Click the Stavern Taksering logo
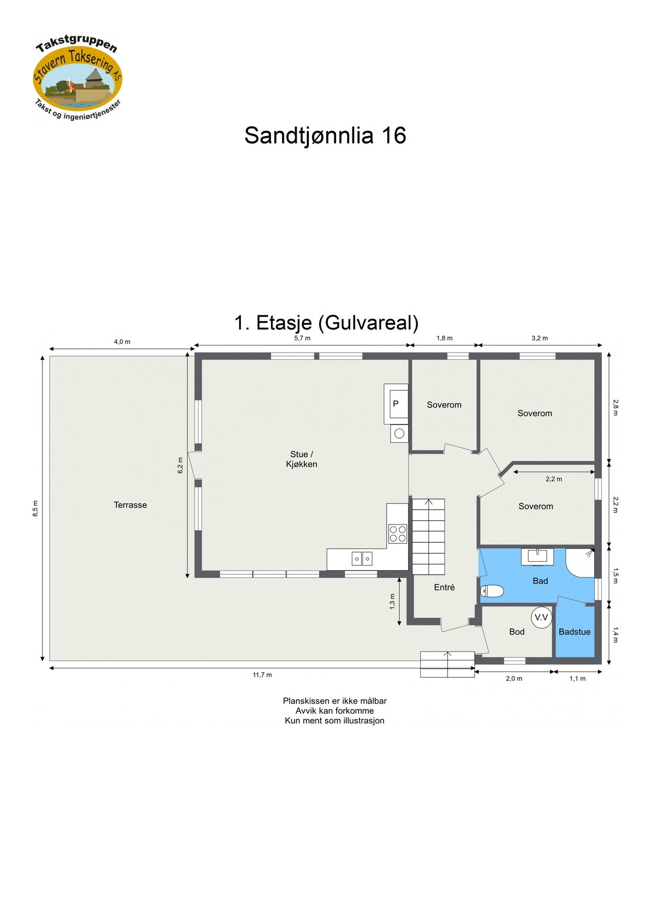78,78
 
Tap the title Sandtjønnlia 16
325,136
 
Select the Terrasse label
130,505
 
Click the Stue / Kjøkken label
301,459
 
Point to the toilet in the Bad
492,591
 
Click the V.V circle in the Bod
541,618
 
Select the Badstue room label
574,632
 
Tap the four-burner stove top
397,534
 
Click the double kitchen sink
362,559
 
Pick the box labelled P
396,404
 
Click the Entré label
444,587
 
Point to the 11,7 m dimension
262,675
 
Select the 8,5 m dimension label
35,508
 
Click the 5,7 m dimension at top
302,338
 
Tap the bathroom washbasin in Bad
537,556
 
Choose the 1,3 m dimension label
392,601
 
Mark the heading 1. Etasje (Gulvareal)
326,323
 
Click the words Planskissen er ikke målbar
334,701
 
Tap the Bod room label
517,632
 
